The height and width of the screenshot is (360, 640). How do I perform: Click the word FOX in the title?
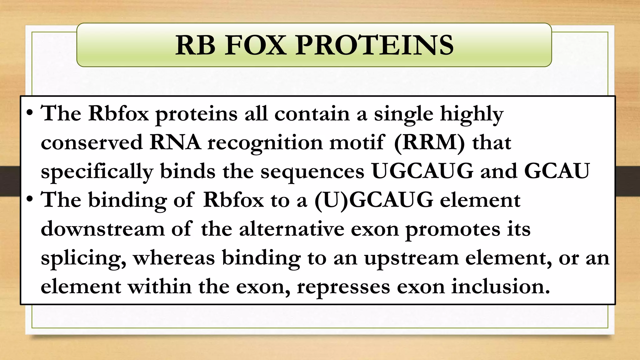tap(255, 46)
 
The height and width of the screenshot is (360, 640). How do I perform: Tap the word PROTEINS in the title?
tap(374, 46)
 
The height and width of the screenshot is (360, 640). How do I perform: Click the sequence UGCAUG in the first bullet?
tap(422, 171)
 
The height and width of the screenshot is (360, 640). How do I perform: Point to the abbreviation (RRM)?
tap(429, 142)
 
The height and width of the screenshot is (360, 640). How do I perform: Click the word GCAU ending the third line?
tap(557, 171)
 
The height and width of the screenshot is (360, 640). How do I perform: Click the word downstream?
tap(102, 229)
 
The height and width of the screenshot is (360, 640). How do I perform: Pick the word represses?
tap(343, 287)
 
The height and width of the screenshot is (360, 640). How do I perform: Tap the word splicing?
tap(83, 258)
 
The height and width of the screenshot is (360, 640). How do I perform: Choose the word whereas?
tap(174, 258)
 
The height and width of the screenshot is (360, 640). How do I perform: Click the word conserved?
tap(92, 142)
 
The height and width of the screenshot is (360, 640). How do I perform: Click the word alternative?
tap(291, 229)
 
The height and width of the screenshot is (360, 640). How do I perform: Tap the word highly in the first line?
tap(472, 114)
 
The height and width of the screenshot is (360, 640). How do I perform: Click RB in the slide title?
tap(195, 46)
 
